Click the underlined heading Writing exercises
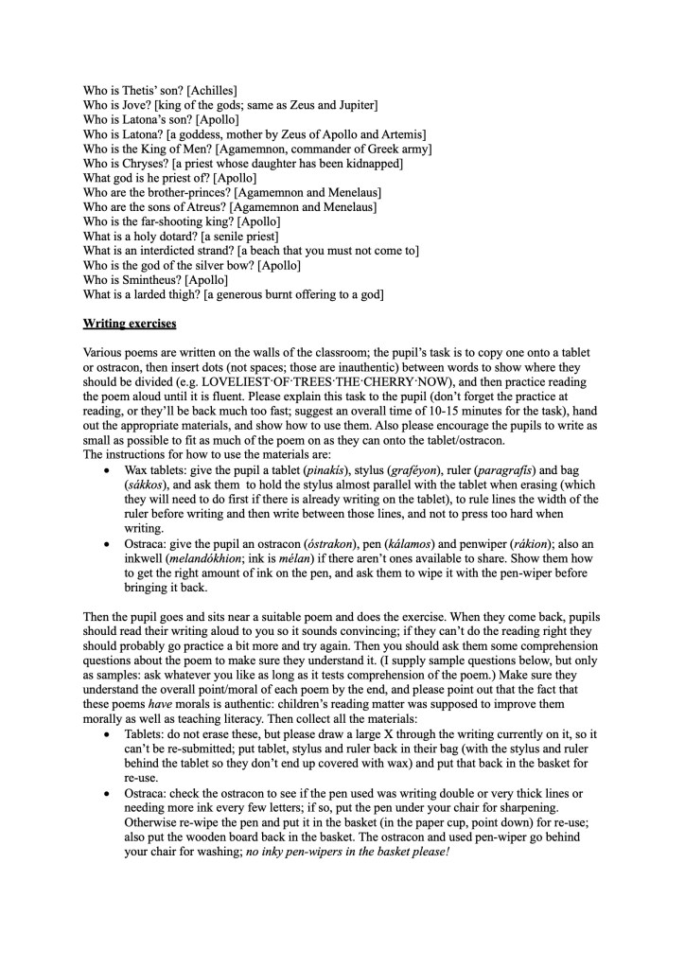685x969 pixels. pos(129,324)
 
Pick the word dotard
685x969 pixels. pos(174,236)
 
